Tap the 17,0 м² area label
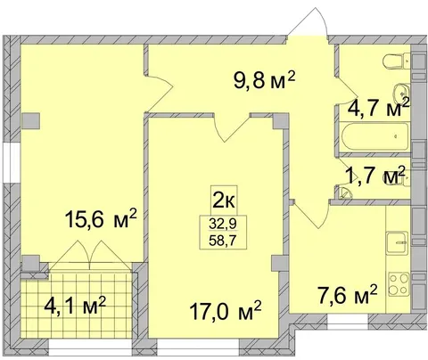226,311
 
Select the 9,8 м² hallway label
264,80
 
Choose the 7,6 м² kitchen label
348,295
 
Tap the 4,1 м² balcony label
75,307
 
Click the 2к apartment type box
224,200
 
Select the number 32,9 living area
224,224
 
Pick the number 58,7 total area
224,241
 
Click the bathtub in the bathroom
375,136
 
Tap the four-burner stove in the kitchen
399,283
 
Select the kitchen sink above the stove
398,242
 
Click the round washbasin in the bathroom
402,93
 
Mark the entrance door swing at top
309,22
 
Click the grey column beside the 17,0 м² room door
281,121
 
